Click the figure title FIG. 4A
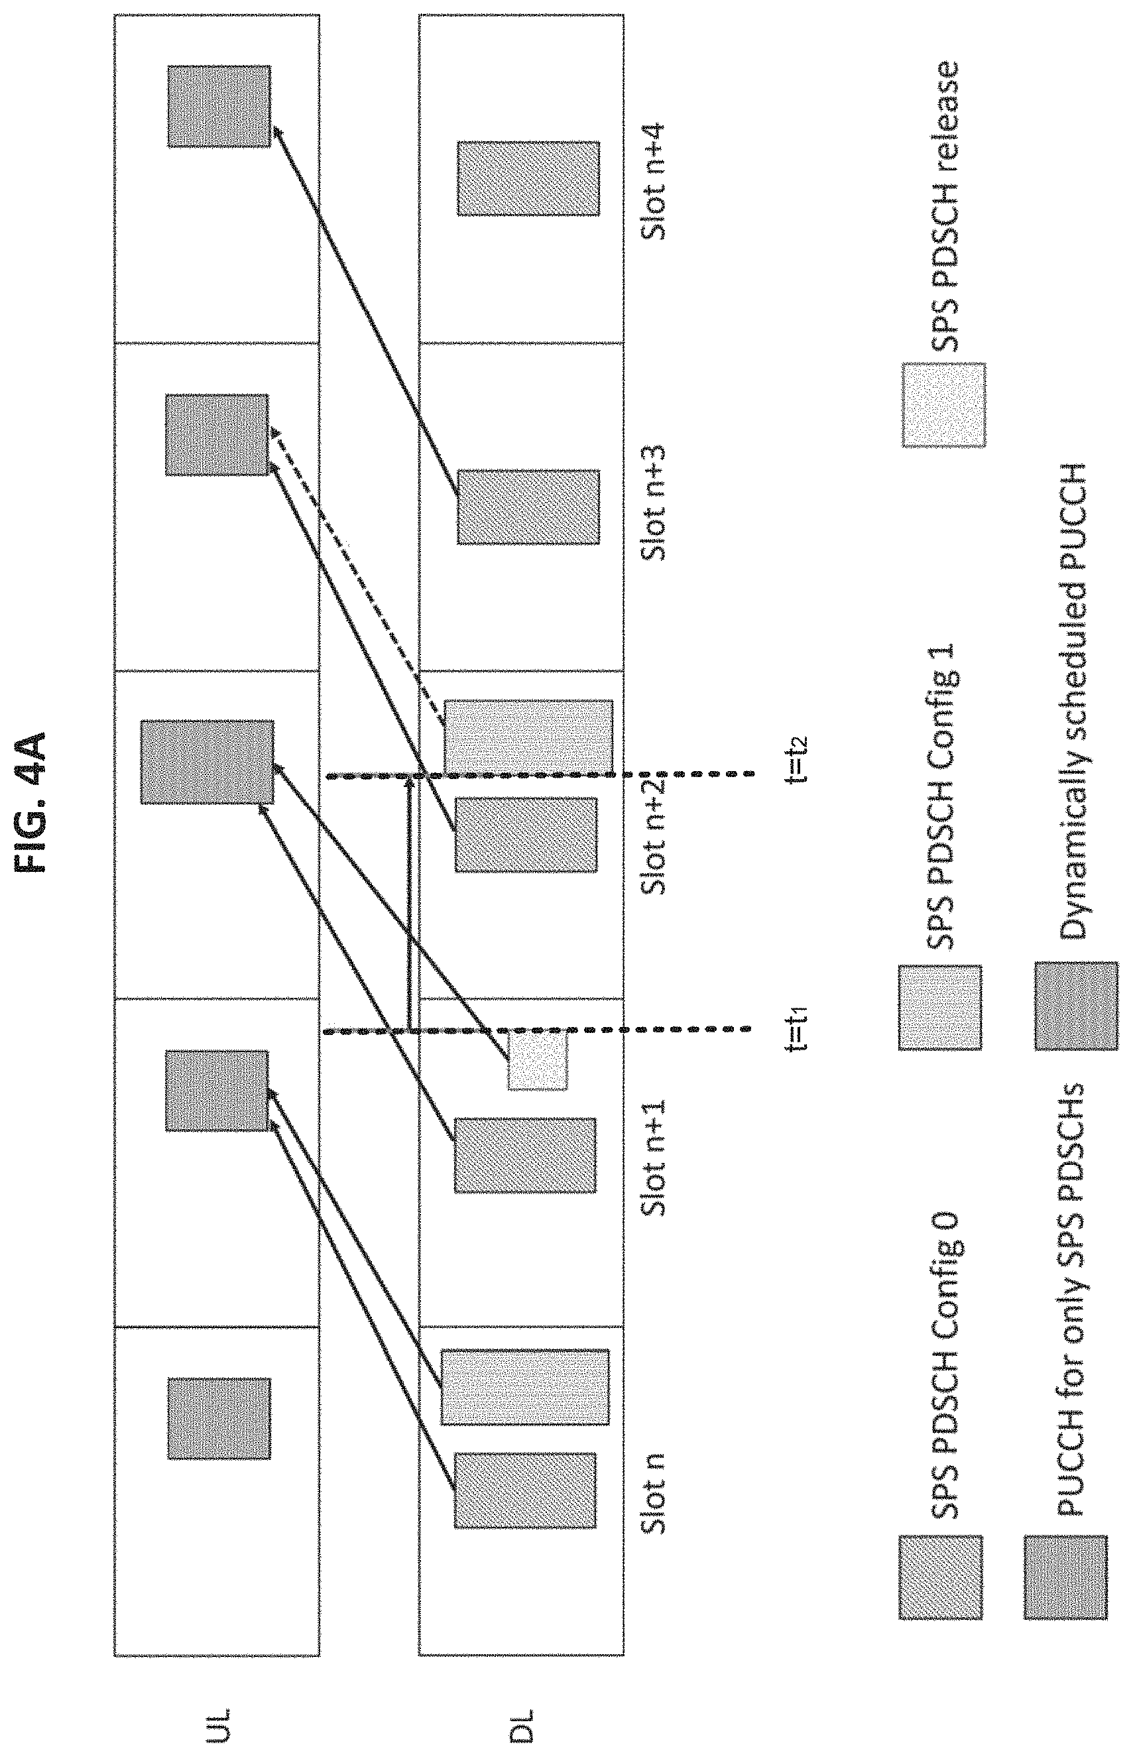34,802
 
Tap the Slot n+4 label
652,181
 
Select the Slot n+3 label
652,503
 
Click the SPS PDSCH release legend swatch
944,404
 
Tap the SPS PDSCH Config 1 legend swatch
940,1007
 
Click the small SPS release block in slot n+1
538,1060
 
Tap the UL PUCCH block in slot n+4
219,107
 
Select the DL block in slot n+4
528,179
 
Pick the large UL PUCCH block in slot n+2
207,762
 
